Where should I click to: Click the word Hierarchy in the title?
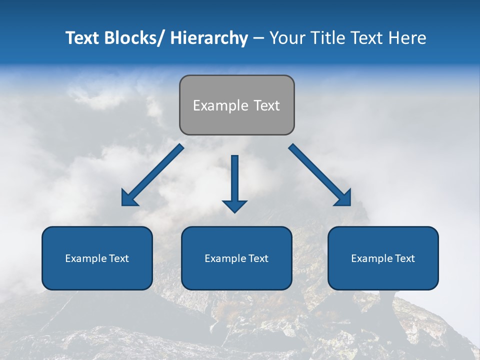click(209, 38)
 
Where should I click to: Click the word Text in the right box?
click(404, 258)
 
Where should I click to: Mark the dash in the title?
click(258, 38)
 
